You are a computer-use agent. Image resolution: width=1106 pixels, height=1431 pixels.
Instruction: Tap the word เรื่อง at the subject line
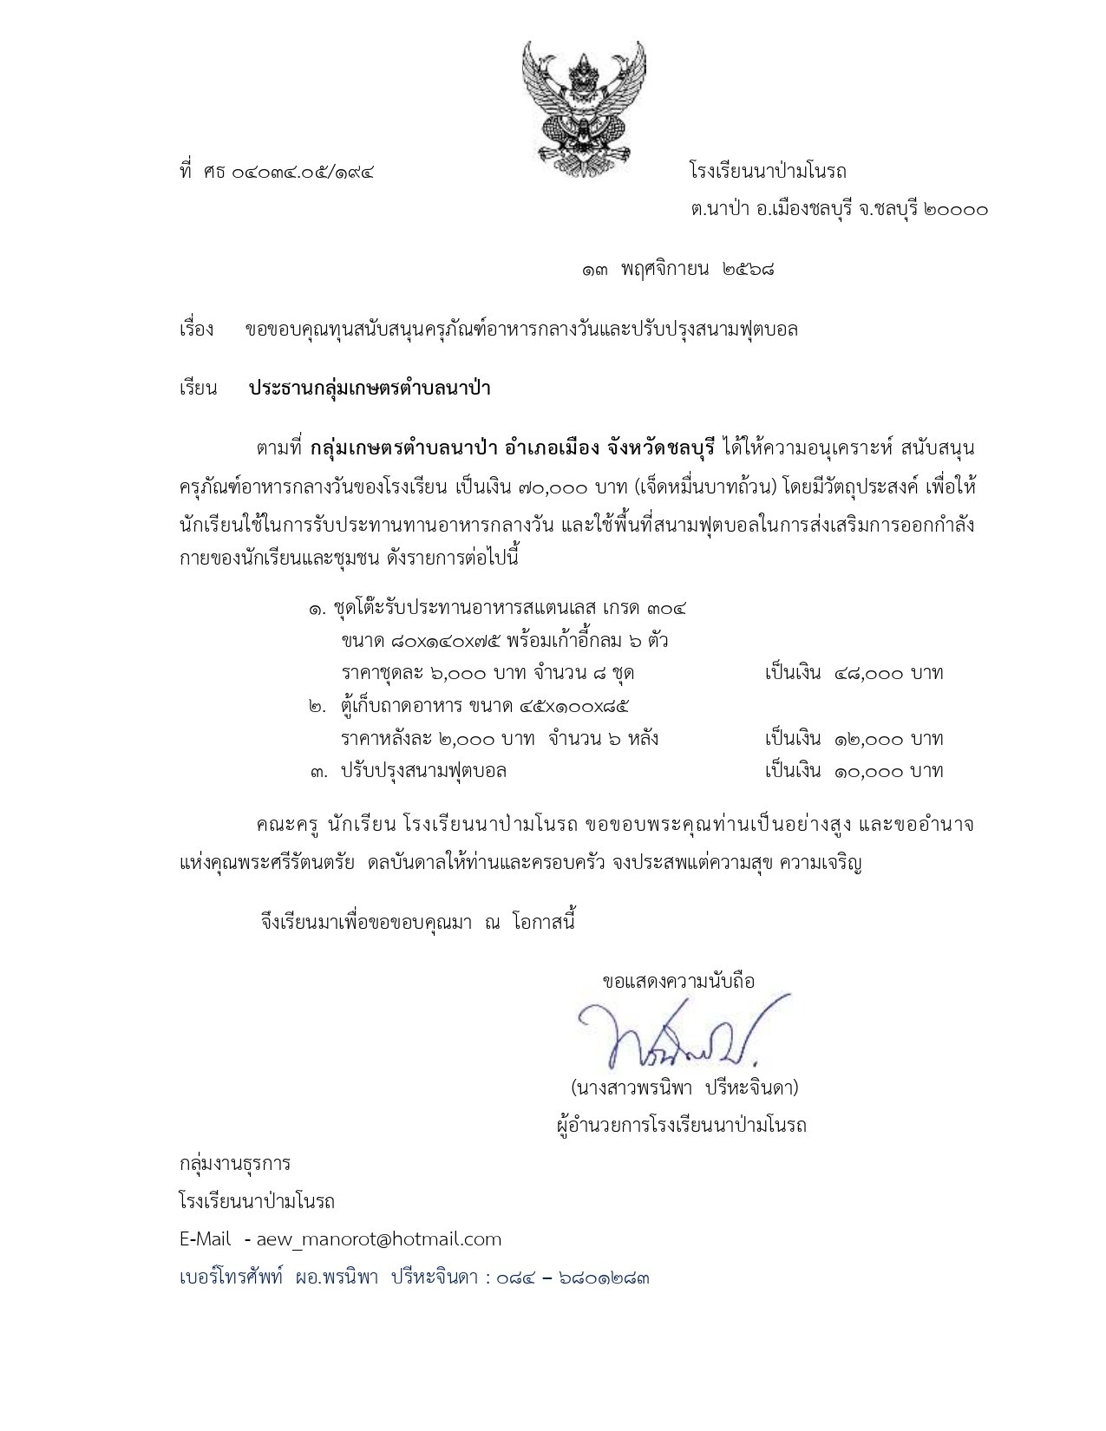click(197, 330)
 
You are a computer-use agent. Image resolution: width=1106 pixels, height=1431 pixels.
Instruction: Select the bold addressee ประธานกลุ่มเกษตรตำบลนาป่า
click(370, 388)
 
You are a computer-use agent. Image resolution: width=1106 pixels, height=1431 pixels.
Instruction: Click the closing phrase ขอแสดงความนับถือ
click(678, 981)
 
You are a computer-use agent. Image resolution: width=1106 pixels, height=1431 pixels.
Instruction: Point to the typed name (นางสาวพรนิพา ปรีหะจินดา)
click(684, 1088)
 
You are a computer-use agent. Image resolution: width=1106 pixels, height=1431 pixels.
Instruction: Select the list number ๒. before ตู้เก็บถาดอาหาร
click(317, 707)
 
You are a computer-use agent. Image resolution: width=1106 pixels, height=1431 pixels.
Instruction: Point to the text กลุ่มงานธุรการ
click(235, 1163)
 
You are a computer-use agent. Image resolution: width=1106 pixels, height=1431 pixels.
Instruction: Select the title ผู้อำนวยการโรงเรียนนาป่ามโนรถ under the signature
click(682, 1126)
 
